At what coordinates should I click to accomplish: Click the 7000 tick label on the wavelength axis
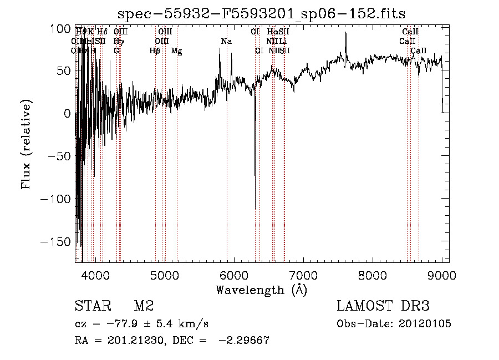coord(303,276)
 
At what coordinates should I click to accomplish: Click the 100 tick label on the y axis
coord(62,28)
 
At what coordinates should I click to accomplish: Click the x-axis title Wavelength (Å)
coord(261,290)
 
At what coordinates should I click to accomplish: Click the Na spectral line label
coord(226,42)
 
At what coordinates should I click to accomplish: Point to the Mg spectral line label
coord(176,51)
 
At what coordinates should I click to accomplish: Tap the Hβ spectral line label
coord(155,51)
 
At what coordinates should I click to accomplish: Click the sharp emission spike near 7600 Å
coord(345,34)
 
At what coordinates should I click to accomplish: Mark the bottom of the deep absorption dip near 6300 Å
coord(255,208)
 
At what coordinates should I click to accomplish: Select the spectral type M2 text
coord(144,306)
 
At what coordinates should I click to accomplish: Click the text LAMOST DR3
coord(383,306)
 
